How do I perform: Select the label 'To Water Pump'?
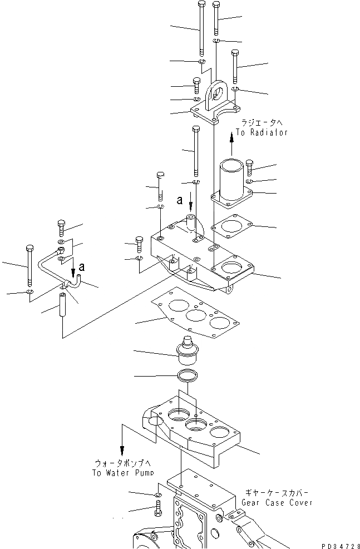pyautogui.click(x=123, y=472)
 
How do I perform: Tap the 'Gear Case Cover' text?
pyautogui.click(x=277, y=502)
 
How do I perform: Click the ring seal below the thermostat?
pyautogui.click(x=188, y=376)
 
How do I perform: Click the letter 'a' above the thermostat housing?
pyautogui.click(x=179, y=199)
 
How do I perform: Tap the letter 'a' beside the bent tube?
pyautogui.click(x=81, y=268)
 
